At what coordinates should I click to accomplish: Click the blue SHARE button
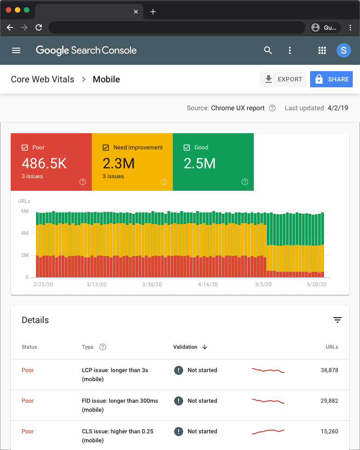coord(331,79)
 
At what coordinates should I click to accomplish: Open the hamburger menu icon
coord(16,50)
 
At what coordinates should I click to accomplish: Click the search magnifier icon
coord(268,50)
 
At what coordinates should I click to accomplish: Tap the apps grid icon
coord(322,50)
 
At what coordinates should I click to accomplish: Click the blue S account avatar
coord(344,50)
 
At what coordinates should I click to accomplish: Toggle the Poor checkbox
coord(25,147)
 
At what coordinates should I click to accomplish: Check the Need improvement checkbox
coord(106,147)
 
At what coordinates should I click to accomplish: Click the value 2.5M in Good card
coord(199,163)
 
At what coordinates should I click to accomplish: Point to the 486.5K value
coord(44,163)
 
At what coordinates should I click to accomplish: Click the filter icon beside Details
coord(337,320)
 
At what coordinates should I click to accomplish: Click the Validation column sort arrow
coord(205,347)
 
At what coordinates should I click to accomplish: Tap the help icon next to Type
coord(103,347)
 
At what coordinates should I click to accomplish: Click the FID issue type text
coord(120,401)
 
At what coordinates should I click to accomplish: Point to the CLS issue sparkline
coord(268,432)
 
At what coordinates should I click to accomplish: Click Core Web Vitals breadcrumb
coord(42,79)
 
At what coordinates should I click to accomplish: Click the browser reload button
coord(39,27)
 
